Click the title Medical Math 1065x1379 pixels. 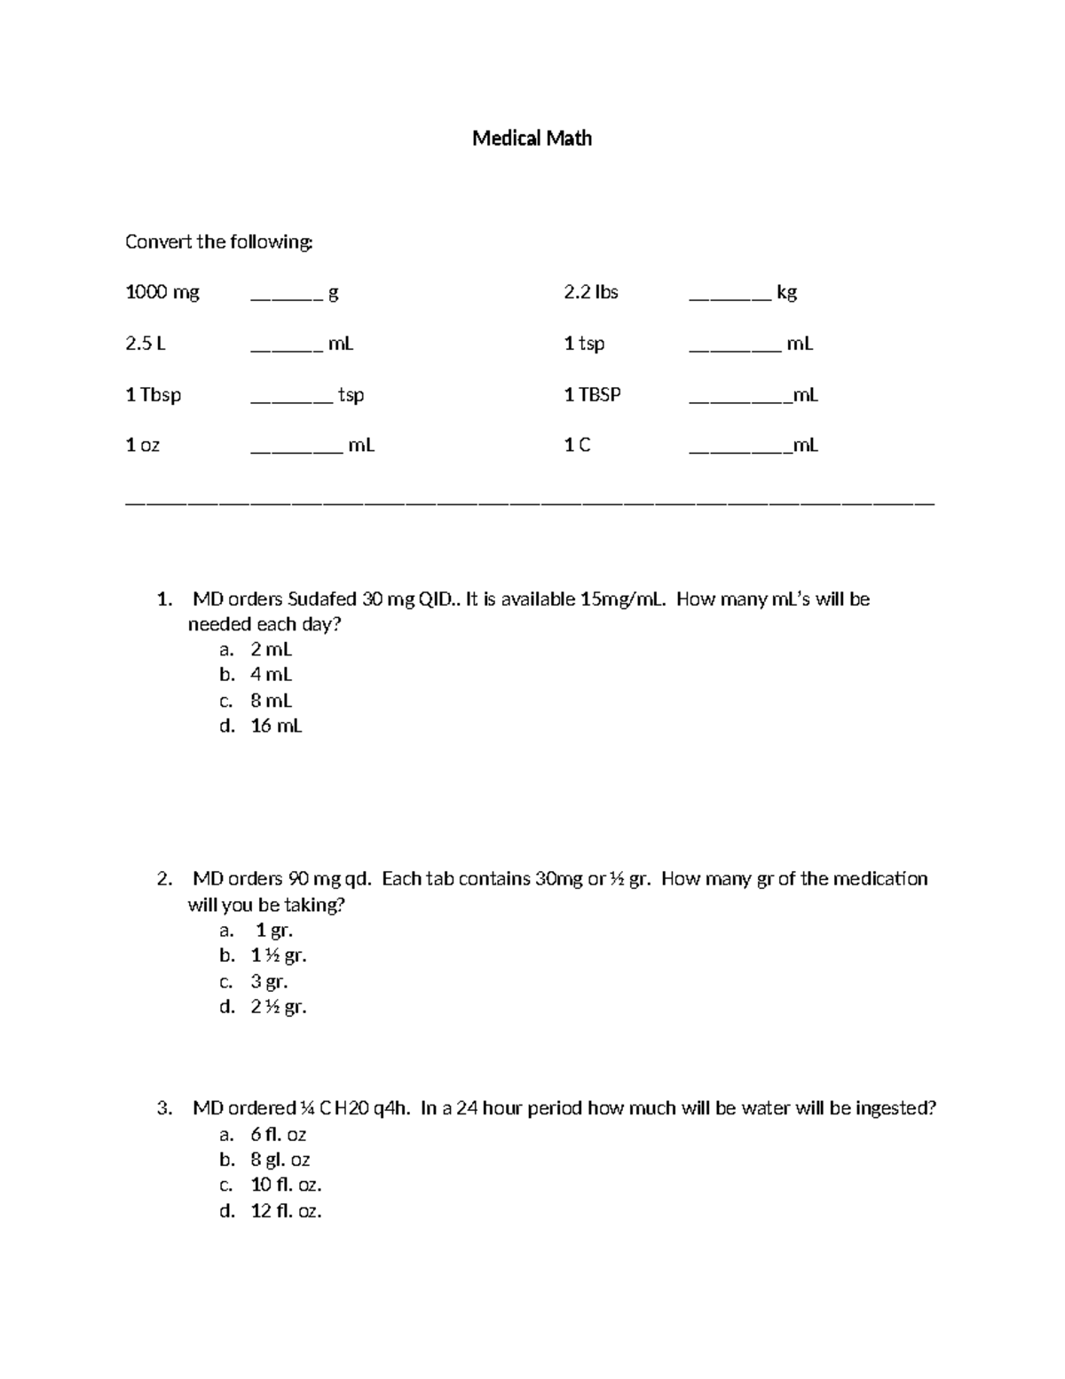tap(532, 139)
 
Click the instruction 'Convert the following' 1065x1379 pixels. tap(218, 242)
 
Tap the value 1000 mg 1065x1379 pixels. tap(162, 292)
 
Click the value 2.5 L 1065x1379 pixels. tap(146, 344)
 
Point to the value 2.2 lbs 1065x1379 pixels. tap(591, 292)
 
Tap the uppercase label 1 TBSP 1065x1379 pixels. tap(592, 394)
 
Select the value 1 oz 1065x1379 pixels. tap(143, 446)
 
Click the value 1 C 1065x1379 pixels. tap(577, 446)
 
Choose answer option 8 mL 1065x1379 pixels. tap(271, 701)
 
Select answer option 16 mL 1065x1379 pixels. tap(276, 725)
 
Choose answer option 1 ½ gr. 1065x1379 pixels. tap(279, 955)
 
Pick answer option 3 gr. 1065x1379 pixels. tap(269, 981)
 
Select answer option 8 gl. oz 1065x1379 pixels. tap(280, 1160)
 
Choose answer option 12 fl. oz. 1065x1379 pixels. tap(286, 1210)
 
